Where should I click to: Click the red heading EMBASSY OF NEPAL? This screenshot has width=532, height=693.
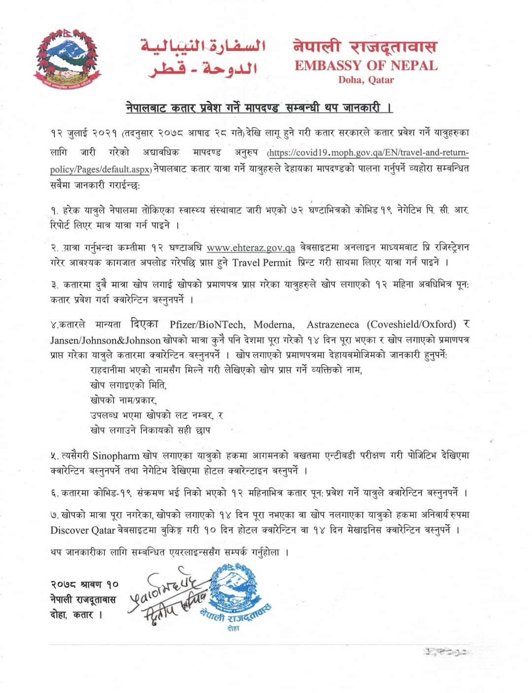366,66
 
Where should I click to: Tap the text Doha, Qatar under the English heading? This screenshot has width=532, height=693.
366,80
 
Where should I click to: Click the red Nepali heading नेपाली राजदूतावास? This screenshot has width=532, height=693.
365,47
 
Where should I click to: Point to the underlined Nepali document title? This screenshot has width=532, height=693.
259,107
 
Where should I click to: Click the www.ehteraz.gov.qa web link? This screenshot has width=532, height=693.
251,248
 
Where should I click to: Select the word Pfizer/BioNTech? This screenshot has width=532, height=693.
207,324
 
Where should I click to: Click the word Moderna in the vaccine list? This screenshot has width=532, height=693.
274,324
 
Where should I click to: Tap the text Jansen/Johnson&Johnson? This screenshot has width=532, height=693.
105,340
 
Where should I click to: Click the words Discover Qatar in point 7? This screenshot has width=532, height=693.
76,530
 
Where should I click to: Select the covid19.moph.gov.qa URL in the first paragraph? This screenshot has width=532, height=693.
367,153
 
